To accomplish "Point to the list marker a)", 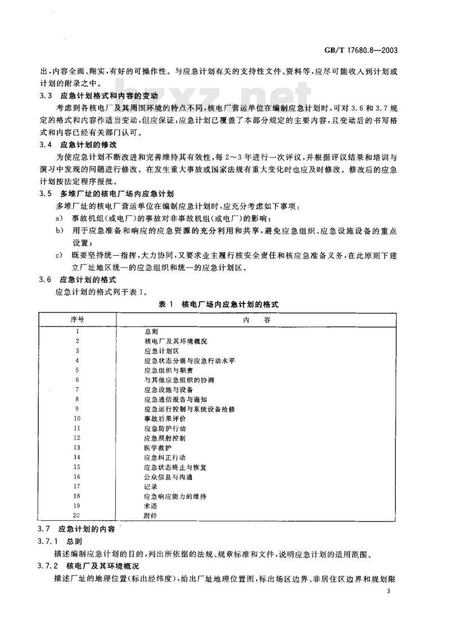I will point(58,218).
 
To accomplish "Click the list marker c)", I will point(58,256).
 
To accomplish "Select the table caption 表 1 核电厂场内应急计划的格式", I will point(219,304).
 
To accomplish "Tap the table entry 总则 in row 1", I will point(151,332).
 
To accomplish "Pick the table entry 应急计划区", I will point(160,351).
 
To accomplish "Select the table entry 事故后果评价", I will point(164,419).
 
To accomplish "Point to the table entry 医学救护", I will point(155,448).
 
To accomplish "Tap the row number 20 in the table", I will point(78,515).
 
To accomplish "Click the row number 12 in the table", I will point(78,438).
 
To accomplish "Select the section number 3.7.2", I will point(48,566).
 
